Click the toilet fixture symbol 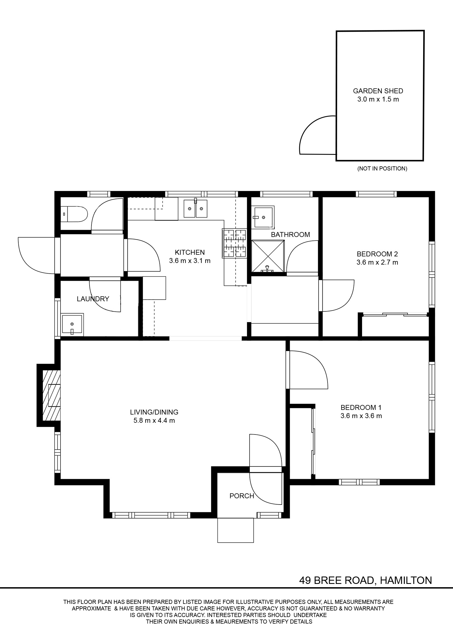tap(74, 214)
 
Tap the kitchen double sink tap(195, 208)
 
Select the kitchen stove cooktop tap(234, 243)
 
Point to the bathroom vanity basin tap(263, 217)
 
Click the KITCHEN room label tap(190, 252)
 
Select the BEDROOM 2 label tap(377, 254)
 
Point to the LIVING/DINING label tap(154, 412)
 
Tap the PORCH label tap(242, 496)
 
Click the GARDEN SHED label tap(378, 91)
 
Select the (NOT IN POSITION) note tap(382, 168)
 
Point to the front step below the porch tap(236, 530)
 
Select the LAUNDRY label tap(93, 299)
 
